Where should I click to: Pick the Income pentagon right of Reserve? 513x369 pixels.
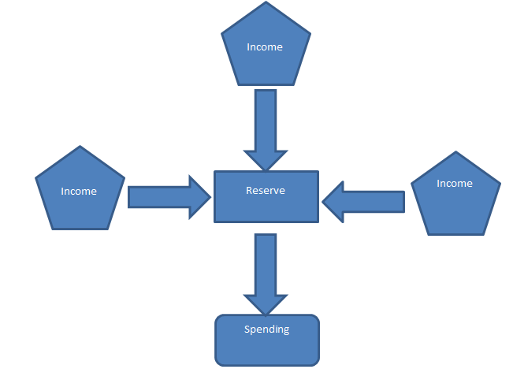coord(455,197)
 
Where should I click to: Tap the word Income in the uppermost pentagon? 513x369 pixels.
coord(265,47)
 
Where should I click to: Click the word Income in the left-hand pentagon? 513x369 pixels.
coord(79,191)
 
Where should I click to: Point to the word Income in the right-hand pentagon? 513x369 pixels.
coord(455,184)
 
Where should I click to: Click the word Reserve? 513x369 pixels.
coord(266,191)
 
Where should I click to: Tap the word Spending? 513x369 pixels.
coord(267,330)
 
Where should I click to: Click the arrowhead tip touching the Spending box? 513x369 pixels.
coord(266,314)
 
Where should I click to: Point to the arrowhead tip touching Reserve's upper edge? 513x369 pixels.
coord(266,170)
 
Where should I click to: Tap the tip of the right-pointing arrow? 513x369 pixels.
coord(212,197)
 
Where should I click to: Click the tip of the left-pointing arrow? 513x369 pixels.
coord(322,202)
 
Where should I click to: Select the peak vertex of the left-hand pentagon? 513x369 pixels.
coord(80,146)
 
